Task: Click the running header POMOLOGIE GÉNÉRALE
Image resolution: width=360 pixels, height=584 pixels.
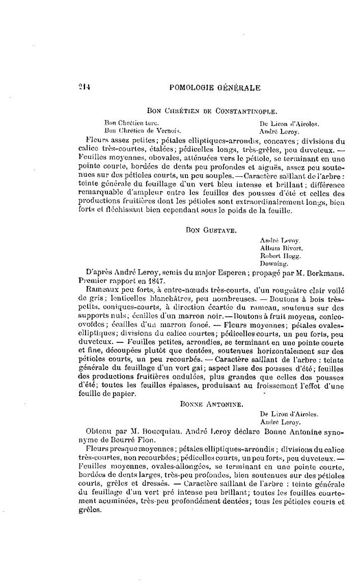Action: pos(214,87)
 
